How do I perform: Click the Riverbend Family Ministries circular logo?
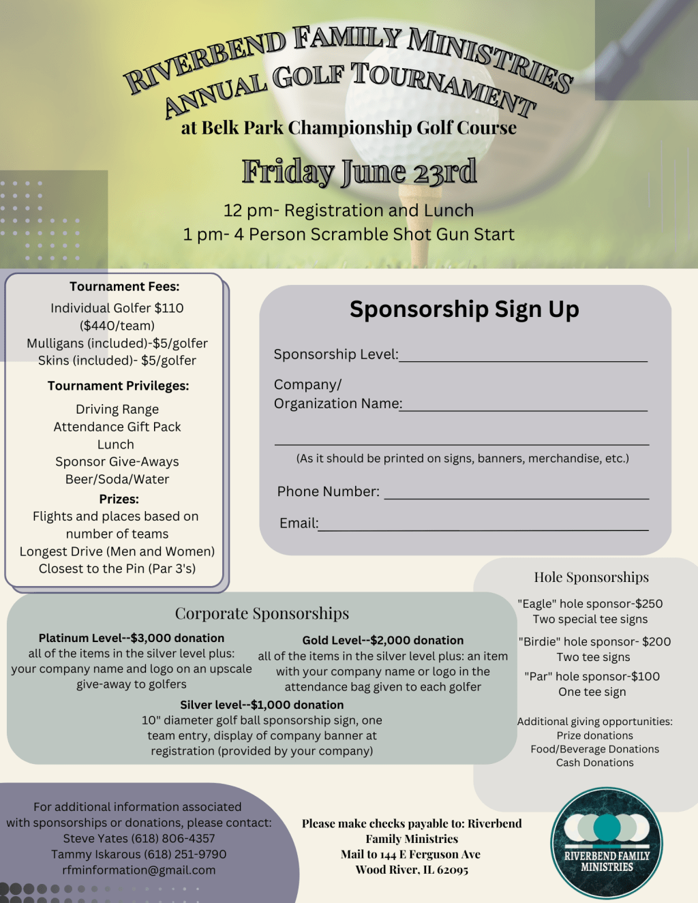pyautogui.click(x=606, y=843)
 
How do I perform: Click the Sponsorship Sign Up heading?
pyautogui.click(x=464, y=309)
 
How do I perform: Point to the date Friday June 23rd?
pyautogui.click(x=359, y=172)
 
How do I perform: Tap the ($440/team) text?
pyautogui.click(x=117, y=326)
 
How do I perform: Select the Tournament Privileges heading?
pyautogui.click(x=118, y=386)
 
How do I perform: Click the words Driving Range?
pyautogui.click(x=117, y=409)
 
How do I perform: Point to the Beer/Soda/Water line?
pyautogui.click(x=117, y=479)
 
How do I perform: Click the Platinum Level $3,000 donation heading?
pyautogui.click(x=132, y=638)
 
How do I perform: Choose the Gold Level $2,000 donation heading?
pyautogui.click(x=382, y=640)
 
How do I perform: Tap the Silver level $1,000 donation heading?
pyautogui.click(x=262, y=705)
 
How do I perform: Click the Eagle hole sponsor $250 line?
pyautogui.click(x=590, y=604)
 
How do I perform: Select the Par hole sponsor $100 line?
pyautogui.click(x=592, y=676)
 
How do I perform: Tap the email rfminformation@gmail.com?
pyautogui.click(x=139, y=870)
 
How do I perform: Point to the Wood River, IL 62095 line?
pyautogui.click(x=412, y=870)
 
